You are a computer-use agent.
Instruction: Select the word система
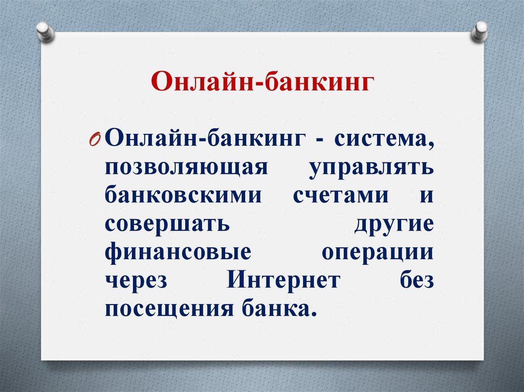click(x=385, y=140)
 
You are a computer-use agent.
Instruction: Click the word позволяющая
click(x=186, y=168)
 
